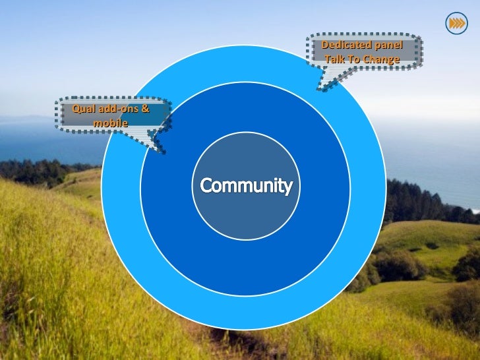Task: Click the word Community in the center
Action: [x=246, y=186]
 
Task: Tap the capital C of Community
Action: [x=206, y=185]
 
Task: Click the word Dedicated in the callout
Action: [x=342, y=45]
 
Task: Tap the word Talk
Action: [x=334, y=59]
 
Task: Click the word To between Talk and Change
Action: [x=353, y=59]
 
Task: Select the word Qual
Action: [x=84, y=108]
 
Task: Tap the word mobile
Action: [x=110, y=122]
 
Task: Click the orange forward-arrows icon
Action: [x=456, y=24]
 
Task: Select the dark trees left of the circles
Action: [x=40, y=170]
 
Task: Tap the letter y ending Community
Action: [x=287, y=188]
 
